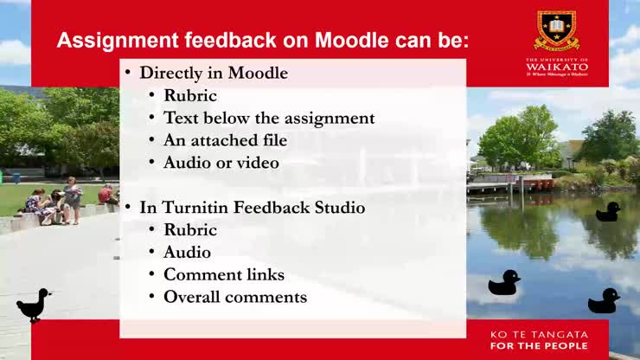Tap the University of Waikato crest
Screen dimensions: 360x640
click(556, 31)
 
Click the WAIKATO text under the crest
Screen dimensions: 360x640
click(556, 66)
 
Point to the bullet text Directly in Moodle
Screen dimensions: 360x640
click(214, 73)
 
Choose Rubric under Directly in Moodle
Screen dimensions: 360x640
click(190, 95)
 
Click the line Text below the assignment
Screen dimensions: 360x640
click(269, 118)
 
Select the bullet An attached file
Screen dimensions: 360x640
click(225, 140)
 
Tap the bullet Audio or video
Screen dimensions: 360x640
click(221, 163)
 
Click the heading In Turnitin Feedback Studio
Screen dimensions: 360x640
click(252, 208)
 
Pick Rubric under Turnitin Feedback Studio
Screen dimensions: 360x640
click(190, 230)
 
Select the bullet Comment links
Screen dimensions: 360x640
click(224, 275)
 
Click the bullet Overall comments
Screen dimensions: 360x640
click(235, 298)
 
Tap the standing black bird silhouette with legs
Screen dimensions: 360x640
click(34, 305)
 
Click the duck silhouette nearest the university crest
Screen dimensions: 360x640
click(609, 212)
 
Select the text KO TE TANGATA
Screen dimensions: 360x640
click(539, 334)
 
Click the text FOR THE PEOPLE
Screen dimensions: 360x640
click(539, 346)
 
